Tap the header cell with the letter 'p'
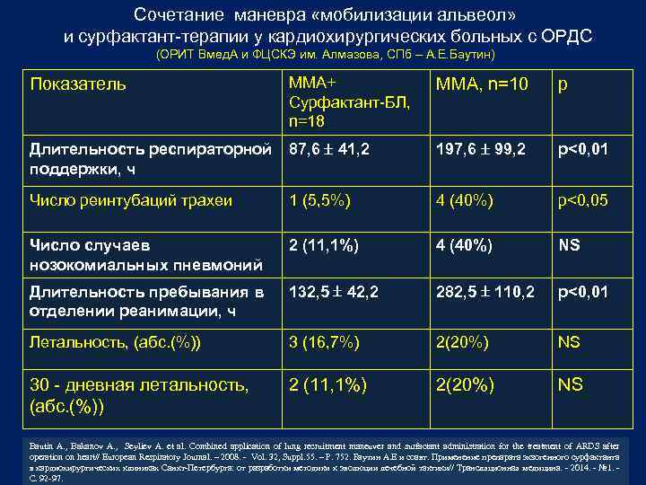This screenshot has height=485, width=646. point(563,85)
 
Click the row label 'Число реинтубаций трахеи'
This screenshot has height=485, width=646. point(131,199)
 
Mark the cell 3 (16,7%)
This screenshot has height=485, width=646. point(324,341)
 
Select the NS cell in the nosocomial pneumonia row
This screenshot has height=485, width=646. point(569,244)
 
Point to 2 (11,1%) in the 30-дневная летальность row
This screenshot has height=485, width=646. point(328,384)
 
